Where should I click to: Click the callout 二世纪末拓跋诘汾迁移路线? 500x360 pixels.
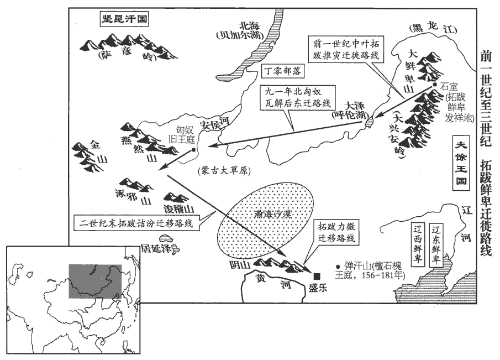point(138,224)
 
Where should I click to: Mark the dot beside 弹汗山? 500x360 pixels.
point(338,265)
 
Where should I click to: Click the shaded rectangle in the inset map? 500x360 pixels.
point(94,281)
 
